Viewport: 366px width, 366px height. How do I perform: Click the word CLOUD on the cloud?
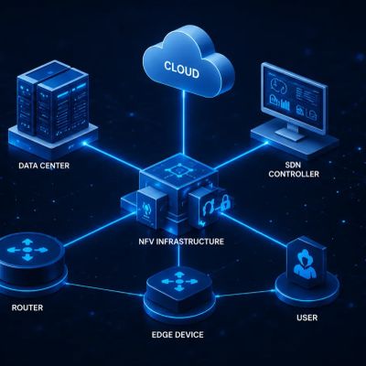[x=182, y=70]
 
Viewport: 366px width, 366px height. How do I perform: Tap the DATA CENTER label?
[x=44, y=166]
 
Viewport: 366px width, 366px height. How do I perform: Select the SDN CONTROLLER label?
[x=294, y=169]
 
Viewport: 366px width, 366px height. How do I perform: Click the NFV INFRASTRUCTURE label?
[x=181, y=242]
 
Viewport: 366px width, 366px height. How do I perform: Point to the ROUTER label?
[x=27, y=307]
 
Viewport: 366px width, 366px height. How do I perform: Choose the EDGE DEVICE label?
[x=178, y=335]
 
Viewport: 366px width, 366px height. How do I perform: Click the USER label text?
[x=307, y=318]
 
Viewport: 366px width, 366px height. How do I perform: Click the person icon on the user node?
[x=305, y=263]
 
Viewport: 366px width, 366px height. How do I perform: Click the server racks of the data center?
[x=53, y=101]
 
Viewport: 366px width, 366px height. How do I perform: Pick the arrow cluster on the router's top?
[x=27, y=250]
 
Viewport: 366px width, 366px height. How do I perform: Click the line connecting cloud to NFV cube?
[x=184, y=123]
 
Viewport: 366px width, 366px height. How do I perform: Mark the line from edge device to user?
[x=245, y=294]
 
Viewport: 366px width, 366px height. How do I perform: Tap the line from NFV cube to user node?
[x=253, y=229]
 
